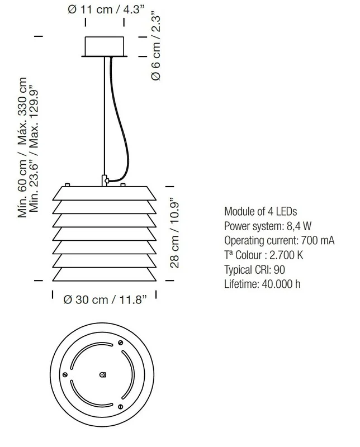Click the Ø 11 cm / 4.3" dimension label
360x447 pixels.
tap(106, 9)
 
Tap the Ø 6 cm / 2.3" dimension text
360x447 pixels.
tap(156, 46)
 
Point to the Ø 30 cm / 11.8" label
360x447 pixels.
tap(105, 299)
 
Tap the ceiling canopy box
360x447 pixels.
tap(105, 47)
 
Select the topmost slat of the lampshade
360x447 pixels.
tap(105, 193)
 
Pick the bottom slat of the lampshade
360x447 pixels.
tap(105, 274)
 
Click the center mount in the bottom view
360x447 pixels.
tap(103, 374)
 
